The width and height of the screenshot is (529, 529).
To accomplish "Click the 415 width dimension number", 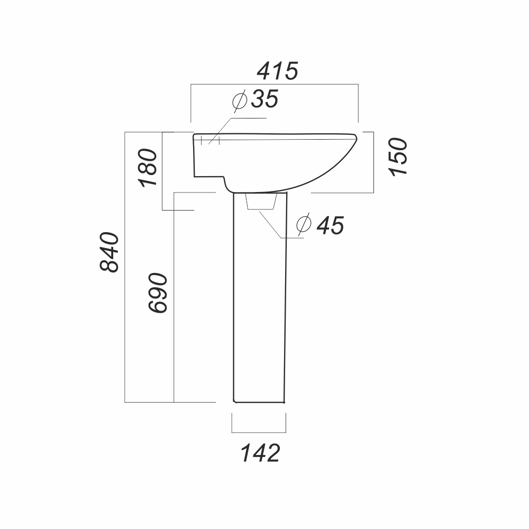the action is (x=278, y=71).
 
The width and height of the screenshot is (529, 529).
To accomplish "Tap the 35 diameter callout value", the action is (x=265, y=99).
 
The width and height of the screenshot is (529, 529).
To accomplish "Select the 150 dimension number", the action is (x=398, y=157).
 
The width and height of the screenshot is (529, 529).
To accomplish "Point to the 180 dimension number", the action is (x=148, y=168).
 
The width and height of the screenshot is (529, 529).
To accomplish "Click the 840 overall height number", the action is (x=110, y=252).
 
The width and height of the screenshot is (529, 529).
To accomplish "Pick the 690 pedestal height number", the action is (x=158, y=293).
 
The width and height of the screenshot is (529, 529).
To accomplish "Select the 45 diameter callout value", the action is (x=330, y=225).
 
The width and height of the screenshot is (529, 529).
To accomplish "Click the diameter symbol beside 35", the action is (x=240, y=100).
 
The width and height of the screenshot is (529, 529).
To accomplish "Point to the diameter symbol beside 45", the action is (x=304, y=224).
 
